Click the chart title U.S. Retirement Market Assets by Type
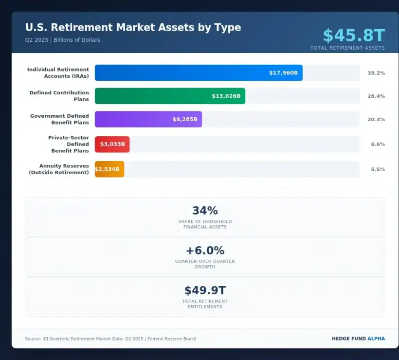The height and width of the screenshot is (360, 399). [x=133, y=27]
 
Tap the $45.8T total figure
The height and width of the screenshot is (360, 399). [x=354, y=36]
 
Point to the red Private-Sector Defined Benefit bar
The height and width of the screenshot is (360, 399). [x=112, y=144]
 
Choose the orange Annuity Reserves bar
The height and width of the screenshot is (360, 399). [x=109, y=169]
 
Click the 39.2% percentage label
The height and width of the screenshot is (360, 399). [x=376, y=73]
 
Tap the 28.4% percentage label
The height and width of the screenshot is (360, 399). [x=376, y=96]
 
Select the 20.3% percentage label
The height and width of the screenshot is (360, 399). [x=376, y=119]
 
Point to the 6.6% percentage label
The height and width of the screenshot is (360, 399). [x=378, y=144]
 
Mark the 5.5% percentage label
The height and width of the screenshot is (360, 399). [x=378, y=169]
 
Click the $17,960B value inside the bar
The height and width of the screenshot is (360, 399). [x=283, y=73]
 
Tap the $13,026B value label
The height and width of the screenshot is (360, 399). [x=226, y=96]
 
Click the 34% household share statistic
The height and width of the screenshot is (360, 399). [x=205, y=211]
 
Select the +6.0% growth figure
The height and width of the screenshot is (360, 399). [x=205, y=251]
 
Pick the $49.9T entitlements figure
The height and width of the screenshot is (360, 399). [x=205, y=290]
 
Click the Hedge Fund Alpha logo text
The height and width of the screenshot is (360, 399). [x=358, y=339]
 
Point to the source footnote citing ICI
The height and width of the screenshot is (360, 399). [x=110, y=339]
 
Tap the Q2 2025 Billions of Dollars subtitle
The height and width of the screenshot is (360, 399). [x=63, y=40]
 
